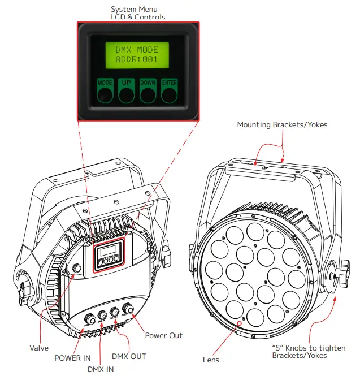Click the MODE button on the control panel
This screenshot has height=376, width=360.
105,91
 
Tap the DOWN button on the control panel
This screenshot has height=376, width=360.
148,91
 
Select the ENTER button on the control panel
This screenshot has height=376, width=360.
169,91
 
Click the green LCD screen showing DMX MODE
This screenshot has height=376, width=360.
137,54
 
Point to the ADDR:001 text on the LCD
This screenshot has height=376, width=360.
137,59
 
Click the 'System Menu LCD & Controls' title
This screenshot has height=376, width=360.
137,13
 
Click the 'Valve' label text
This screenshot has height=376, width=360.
39,348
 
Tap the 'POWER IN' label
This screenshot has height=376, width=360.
72,357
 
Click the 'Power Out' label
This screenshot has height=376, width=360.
163,335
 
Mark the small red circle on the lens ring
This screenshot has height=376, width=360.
238,325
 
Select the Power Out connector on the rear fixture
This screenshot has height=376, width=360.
129,309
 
